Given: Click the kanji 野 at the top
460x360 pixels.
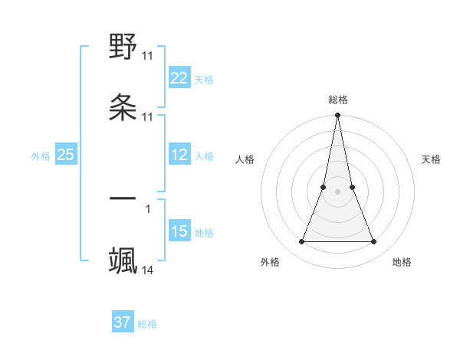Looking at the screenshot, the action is click(x=123, y=47).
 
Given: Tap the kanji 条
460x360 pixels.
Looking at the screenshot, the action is click(x=123, y=106).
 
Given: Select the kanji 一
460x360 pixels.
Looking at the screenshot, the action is click(x=123, y=198).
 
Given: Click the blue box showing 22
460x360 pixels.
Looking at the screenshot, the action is click(x=179, y=77).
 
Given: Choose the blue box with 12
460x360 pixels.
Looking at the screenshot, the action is click(x=179, y=155).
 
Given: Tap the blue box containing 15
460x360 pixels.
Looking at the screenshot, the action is click(x=179, y=231).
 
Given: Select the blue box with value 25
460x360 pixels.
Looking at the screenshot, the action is click(x=66, y=155).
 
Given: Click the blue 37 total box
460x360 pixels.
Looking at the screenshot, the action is click(x=123, y=322).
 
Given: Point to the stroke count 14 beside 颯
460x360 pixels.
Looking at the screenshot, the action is click(x=148, y=270).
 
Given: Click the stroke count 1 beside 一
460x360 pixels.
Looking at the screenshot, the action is click(x=148, y=208).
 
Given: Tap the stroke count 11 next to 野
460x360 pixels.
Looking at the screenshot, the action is click(x=148, y=56).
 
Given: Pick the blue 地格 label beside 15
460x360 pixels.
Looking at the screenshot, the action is click(x=204, y=233).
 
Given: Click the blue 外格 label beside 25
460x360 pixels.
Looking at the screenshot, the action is click(x=41, y=156).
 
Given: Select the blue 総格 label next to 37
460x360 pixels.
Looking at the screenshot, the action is click(x=147, y=324).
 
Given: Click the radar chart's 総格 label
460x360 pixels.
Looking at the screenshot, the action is click(x=338, y=100).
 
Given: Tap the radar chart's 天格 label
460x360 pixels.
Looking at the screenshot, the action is click(x=432, y=159).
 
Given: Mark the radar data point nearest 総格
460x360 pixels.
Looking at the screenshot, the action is click(x=337, y=116).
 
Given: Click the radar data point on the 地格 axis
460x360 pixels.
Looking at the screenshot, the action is click(x=374, y=242).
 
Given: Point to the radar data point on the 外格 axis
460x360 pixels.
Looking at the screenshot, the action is click(x=301, y=242).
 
